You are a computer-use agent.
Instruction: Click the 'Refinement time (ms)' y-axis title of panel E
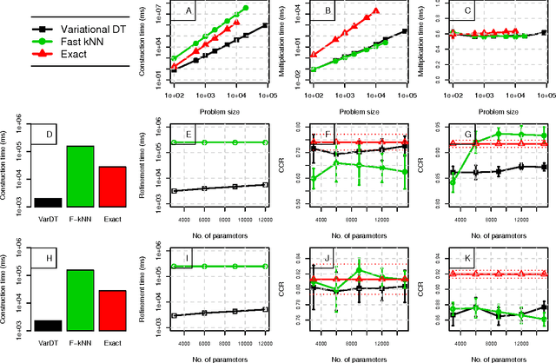click(144, 165)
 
